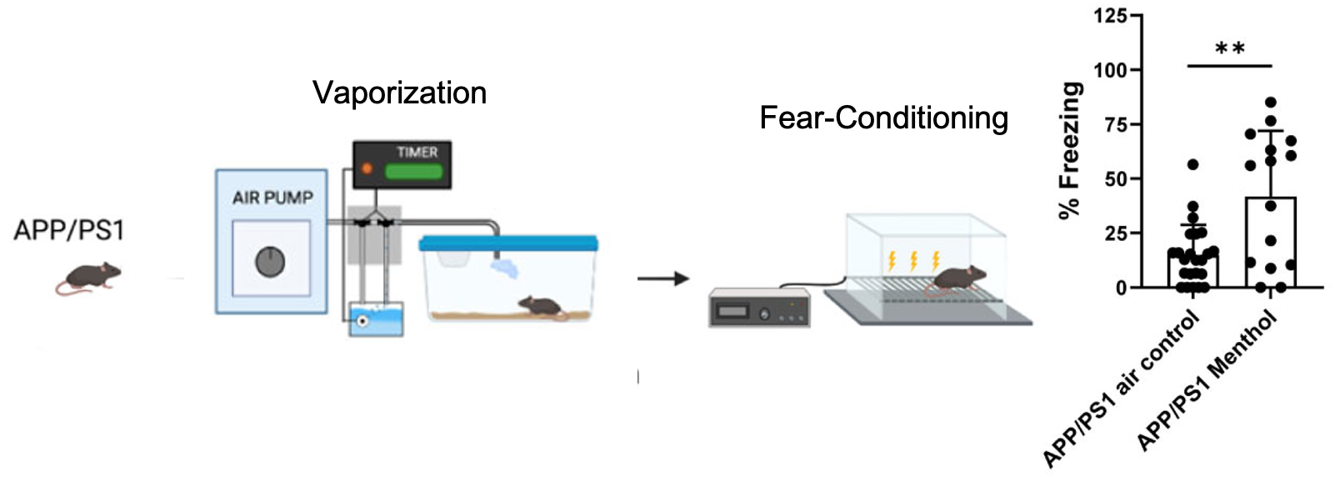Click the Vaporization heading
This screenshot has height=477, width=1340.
coord(399,93)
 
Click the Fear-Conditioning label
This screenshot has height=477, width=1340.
coord(883,118)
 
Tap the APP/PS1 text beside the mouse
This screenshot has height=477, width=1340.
coord(68,229)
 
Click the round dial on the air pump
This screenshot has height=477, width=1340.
coord(270,262)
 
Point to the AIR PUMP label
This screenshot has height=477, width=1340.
coord(272,198)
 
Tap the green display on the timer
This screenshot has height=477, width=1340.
coord(413,171)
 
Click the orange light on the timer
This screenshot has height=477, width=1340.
coord(367,168)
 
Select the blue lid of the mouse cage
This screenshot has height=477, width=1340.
coord(508,243)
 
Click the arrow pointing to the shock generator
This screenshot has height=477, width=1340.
coord(663,279)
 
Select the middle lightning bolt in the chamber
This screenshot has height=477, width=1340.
coord(913,260)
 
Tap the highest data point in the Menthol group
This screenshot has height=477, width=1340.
coord(1271,103)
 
